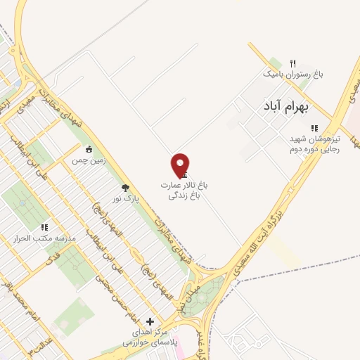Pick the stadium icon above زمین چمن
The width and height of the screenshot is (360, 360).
tap(89, 149)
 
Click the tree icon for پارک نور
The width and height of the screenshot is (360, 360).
tap(125, 188)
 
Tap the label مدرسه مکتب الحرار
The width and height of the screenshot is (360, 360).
tap(44, 239)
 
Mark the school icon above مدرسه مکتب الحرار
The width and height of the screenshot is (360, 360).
tap(44, 228)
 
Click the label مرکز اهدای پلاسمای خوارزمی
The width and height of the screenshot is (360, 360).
tap(148, 337)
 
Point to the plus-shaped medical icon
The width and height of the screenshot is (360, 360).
tap(148, 321)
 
